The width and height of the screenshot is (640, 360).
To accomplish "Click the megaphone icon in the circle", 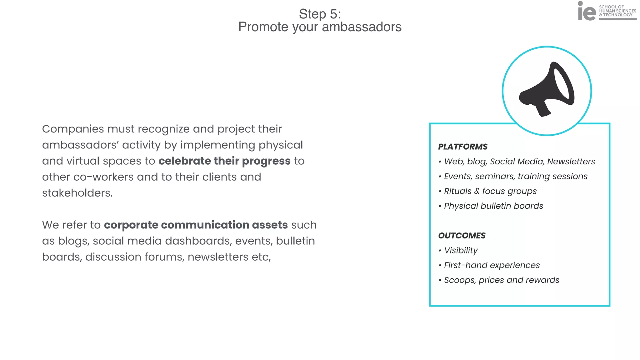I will pyautogui.click(x=547, y=89).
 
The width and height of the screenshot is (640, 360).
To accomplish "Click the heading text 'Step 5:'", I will pyautogui.click(x=320, y=14).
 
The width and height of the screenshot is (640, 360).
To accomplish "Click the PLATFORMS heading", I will pyautogui.click(x=463, y=147).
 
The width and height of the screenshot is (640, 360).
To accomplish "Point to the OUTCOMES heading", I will pyautogui.click(x=462, y=236).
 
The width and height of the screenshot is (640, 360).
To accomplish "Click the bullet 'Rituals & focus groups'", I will pyautogui.click(x=490, y=191).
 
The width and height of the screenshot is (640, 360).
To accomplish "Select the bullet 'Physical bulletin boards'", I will pyautogui.click(x=493, y=206).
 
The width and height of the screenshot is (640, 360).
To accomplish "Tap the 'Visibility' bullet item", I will pyautogui.click(x=461, y=250).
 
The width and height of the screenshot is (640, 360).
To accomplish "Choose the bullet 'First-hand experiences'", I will pyautogui.click(x=492, y=265).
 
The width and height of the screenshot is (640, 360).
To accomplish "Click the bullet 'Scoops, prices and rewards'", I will pyautogui.click(x=502, y=280).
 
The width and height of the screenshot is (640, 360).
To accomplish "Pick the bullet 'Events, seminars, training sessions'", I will pyautogui.click(x=516, y=176).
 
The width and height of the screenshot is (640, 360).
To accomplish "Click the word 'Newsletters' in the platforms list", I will pyautogui.click(x=571, y=162).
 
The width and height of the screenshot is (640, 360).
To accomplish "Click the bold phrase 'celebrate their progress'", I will pyautogui.click(x=224, y=161).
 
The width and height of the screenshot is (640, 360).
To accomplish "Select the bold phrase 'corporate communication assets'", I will pyautogui.click(x=196, y=225).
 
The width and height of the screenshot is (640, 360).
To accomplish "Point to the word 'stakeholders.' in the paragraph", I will pyautogui.click(x=77, y=193).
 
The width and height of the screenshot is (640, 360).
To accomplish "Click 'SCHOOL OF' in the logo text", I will pyautogui.click(x=611, y=7).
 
